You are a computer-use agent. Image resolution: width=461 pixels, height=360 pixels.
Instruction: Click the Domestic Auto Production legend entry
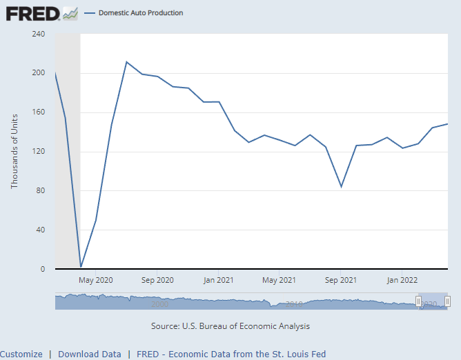[140, 13]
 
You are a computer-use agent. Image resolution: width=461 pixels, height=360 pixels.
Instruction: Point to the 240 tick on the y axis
[39, 34]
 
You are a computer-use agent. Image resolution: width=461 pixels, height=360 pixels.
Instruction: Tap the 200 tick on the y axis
[39, 73]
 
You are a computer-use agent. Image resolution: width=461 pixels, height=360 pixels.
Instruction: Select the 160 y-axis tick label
[39, 112]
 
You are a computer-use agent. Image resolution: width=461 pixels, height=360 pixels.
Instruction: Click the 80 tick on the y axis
[41, 191]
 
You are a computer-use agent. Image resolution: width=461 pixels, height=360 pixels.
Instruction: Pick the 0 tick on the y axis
[43, 270]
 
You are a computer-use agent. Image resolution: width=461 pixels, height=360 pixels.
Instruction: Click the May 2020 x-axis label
[96, 280]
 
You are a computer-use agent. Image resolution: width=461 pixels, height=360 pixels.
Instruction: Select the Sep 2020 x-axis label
[157, 280]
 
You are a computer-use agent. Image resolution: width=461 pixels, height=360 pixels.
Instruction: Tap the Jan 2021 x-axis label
[218, 280]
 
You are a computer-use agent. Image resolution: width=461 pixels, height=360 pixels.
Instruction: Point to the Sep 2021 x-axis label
[340, 280]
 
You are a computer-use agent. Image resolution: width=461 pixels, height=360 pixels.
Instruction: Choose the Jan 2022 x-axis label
[402, 280]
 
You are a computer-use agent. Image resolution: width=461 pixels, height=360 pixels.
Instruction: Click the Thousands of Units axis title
[14, 152]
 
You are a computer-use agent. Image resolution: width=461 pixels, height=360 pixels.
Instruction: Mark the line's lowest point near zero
[81, 267]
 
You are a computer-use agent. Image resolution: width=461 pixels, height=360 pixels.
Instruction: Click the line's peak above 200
[126, 62]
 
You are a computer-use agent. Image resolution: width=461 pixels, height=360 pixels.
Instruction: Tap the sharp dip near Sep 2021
[341, 187]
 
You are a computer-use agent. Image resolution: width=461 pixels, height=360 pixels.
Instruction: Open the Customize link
[21, 354]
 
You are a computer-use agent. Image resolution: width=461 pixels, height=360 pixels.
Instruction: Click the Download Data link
[90, 354]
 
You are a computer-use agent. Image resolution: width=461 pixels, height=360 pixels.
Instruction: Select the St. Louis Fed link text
[231, 354]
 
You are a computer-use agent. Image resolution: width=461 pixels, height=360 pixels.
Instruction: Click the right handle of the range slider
[447, 301]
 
